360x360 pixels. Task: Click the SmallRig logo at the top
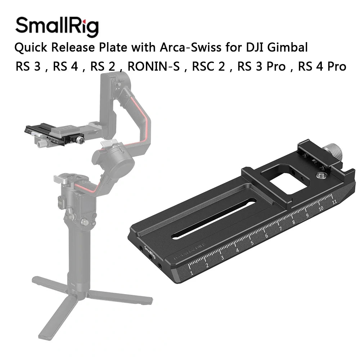(57, 26)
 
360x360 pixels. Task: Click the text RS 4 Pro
(322, 67)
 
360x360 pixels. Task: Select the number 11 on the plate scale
(334, 202)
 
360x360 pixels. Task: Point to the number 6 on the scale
(266, 236)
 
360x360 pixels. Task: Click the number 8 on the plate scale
(294, 222)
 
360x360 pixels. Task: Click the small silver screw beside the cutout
(319, 175)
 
